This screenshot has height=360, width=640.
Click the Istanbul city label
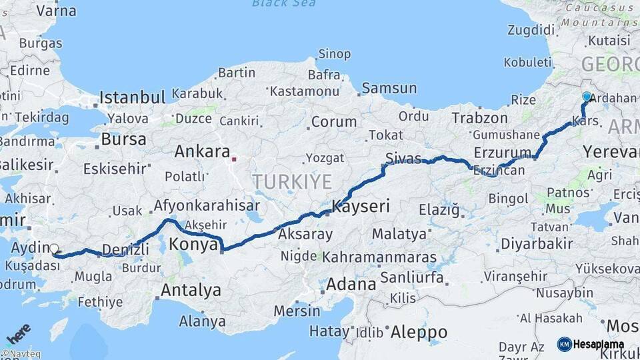pos(132,98)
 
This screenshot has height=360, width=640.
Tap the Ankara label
pos(202,151)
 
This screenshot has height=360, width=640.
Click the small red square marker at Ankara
pos(233,159)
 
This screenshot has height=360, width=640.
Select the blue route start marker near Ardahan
pos(587,97)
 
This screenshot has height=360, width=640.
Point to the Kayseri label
pos(361,206)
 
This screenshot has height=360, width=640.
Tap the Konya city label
pos(194,245)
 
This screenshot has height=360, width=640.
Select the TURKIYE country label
pos(291,181)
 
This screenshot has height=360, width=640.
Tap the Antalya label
pos(191,290)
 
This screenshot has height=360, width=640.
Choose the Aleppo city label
pos(419,331)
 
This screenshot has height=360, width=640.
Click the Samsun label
pos(389,88)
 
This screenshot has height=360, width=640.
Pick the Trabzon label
pos(479,118)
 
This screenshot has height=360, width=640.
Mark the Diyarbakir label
pos(536,243)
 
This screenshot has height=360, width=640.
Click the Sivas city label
pos(403,158)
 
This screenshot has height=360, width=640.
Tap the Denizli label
pos(125,249)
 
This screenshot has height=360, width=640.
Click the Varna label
pos(56,11)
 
